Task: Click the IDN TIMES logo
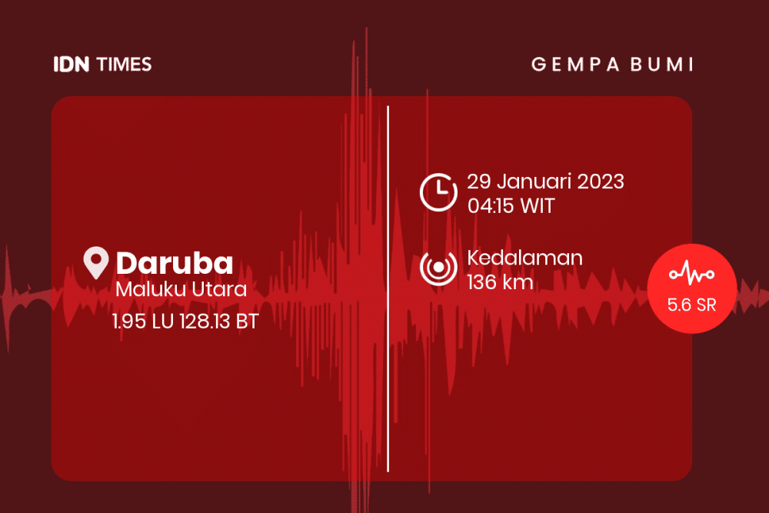pos(102,65)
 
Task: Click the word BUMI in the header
pos(662,65)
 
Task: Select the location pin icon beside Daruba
pos(95,263)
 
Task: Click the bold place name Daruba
pos(174,263)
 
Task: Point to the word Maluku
pos(151,289)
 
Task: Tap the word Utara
pos(218,289)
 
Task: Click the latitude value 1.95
pos(129,321)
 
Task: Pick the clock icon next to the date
pos(438,192)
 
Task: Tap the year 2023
pos(601,182)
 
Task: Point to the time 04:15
pos(491,206)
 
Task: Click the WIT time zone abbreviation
pos(537,206)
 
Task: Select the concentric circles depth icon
pos(438,268)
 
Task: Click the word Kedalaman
pos(524,258)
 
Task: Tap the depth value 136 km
pos(500,282)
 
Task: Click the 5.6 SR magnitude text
pos(691,305)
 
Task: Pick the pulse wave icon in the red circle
pos(691,273)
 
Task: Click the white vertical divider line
pos(388,289)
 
